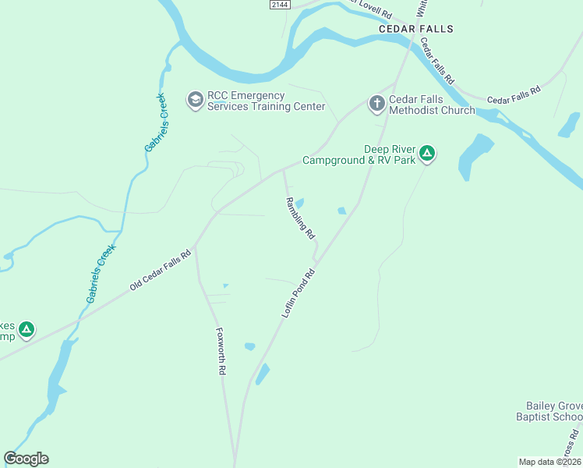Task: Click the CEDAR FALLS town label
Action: click(415, 29)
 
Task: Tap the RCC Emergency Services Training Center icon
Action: click(195, 101)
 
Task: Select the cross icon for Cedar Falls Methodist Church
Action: click(376, 104)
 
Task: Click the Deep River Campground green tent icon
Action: click(426, 154)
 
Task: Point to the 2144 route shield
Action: click(279, 5)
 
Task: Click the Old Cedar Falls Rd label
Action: click(160, 271)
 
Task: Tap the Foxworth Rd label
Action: click(221, 352)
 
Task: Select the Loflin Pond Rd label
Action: click(298, 293)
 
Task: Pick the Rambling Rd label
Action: click(300, 218)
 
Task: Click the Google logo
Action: click(26, 459)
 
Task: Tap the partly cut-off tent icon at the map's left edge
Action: click(26, 330)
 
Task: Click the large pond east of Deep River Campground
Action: click(475, 155)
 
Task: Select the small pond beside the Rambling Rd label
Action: click(299, 204)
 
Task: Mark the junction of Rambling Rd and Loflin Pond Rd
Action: click(316, 261)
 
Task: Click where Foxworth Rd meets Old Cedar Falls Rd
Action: click(196, 244)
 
